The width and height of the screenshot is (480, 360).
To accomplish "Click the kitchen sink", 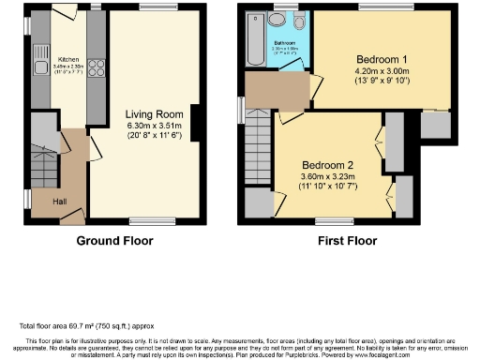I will coord(41,67).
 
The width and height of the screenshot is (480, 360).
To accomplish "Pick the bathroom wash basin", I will coord(279,21).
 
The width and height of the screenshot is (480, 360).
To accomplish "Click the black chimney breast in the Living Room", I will coord(195,123).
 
